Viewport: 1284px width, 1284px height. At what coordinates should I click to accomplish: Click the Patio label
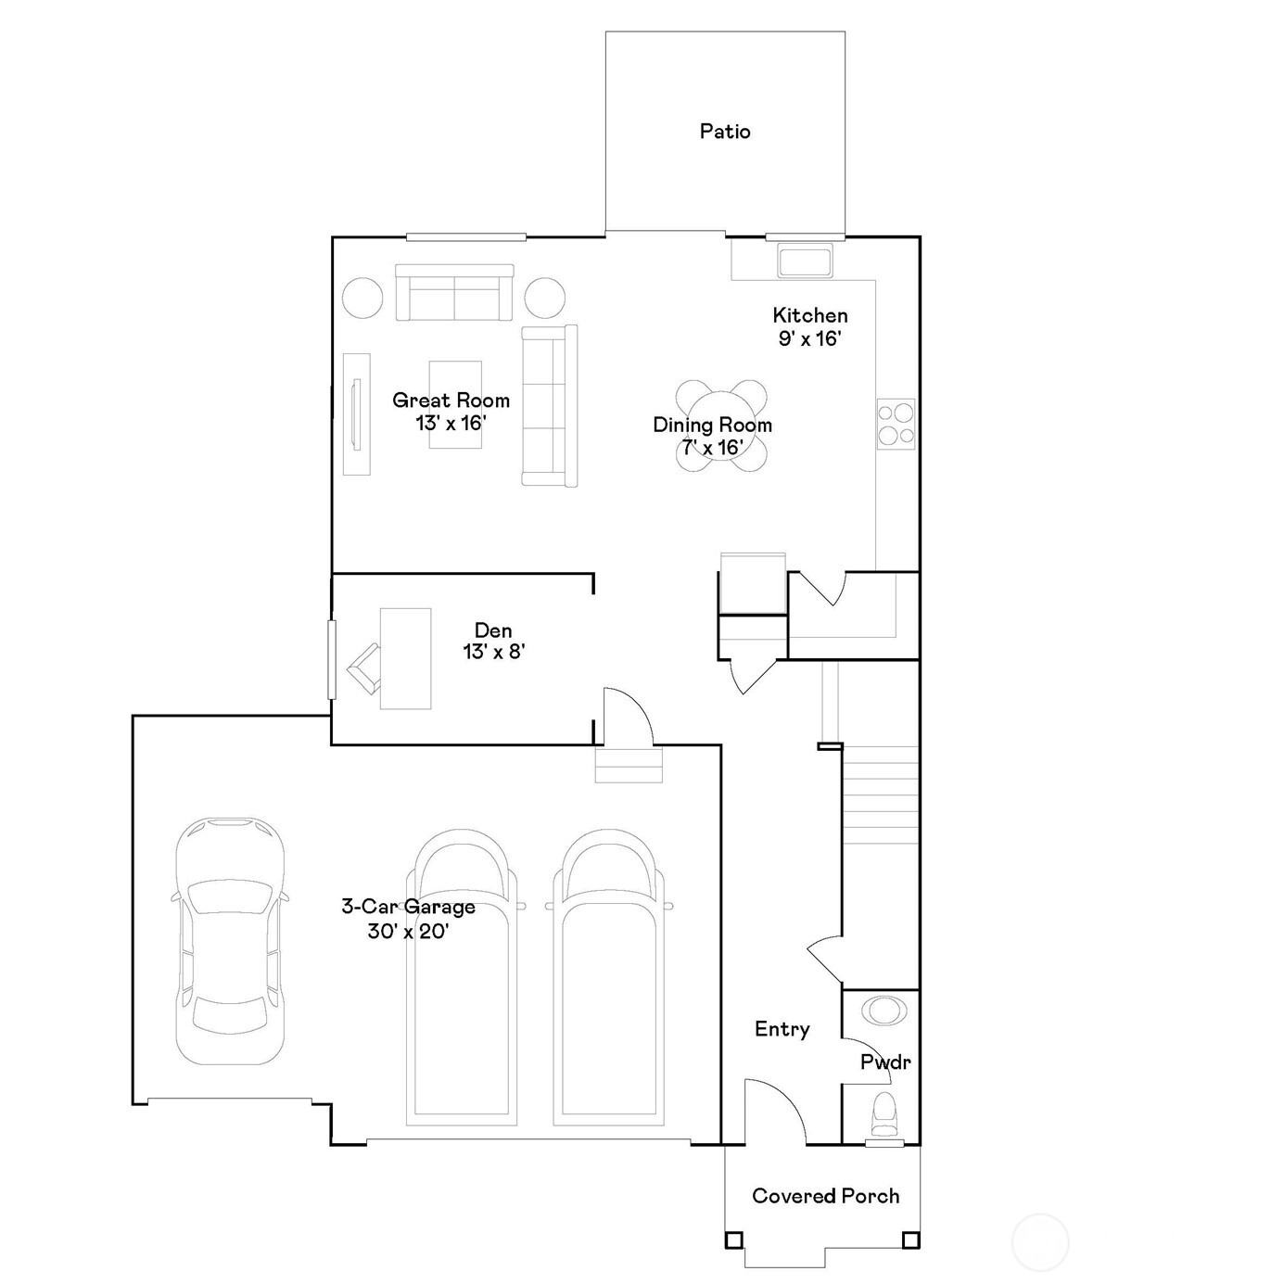tap(725, 132)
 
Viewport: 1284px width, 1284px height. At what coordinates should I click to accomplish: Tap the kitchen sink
tap(805, 261)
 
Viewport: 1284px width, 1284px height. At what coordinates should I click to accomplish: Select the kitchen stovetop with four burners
tap(896, 424)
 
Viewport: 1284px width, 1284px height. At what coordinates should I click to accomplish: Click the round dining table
tap(720, 426)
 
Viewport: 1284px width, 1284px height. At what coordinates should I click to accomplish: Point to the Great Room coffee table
tap(455, 404)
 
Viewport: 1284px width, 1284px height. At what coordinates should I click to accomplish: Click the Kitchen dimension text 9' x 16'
tap(810, 338)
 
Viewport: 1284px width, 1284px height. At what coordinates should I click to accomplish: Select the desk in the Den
tap(405, 658)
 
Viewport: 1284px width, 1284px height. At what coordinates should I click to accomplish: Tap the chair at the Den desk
tap(363, 669)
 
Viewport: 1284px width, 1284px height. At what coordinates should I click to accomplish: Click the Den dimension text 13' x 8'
tap(494, 652)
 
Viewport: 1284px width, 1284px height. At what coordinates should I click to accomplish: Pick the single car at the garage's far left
tap(230, 941)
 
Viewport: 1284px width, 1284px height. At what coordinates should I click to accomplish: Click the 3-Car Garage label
tap(408, 906)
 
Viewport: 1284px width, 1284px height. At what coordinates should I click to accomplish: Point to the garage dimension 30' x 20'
tap(408, 931)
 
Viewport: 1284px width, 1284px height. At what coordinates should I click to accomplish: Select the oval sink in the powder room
tap(884, 1011)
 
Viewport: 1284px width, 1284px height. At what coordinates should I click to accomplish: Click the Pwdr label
tap(884, 1062)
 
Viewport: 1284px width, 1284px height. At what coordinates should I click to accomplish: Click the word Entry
tap(782, 1029)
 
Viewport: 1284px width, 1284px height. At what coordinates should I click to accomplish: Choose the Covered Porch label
tap(826, 1196)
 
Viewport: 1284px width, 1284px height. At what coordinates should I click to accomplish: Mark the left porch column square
tap(733, 1240)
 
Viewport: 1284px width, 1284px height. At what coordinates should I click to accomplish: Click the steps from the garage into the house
tap(629, 766)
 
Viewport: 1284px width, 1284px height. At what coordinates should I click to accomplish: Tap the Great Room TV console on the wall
tap(357, 414)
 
